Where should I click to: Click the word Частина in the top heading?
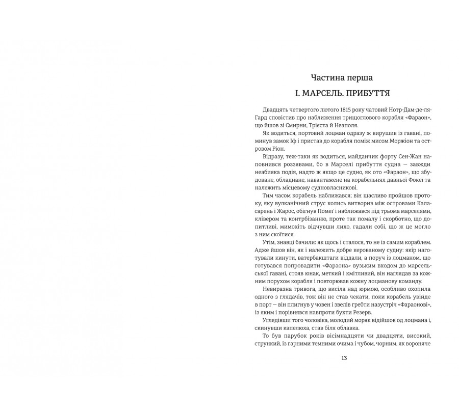[x=327, y=78]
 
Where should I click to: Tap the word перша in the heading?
[x=359, y=78]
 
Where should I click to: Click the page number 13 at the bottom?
[x=344, y=358]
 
